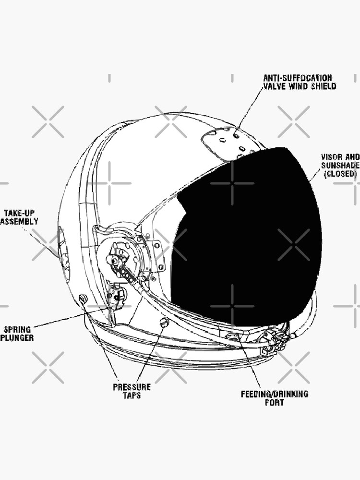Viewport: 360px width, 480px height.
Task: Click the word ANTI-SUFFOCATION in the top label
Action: point(298,78)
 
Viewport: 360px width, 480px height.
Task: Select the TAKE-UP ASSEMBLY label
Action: point(19,217)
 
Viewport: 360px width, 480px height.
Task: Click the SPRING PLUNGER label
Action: point(17,334)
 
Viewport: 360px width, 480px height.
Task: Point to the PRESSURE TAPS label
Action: point(132,391)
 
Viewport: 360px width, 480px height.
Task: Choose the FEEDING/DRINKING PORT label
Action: point(274,398)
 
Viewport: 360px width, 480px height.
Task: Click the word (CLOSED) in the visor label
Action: point(340,174)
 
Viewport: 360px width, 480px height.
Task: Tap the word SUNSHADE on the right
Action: point(340,166)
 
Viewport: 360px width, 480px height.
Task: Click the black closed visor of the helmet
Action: point(246,236)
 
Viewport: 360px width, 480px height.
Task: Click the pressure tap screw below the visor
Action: point(164,322)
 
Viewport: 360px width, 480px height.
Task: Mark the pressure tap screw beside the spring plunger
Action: point(83,298)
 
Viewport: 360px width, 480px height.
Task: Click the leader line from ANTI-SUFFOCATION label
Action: point(250,108)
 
